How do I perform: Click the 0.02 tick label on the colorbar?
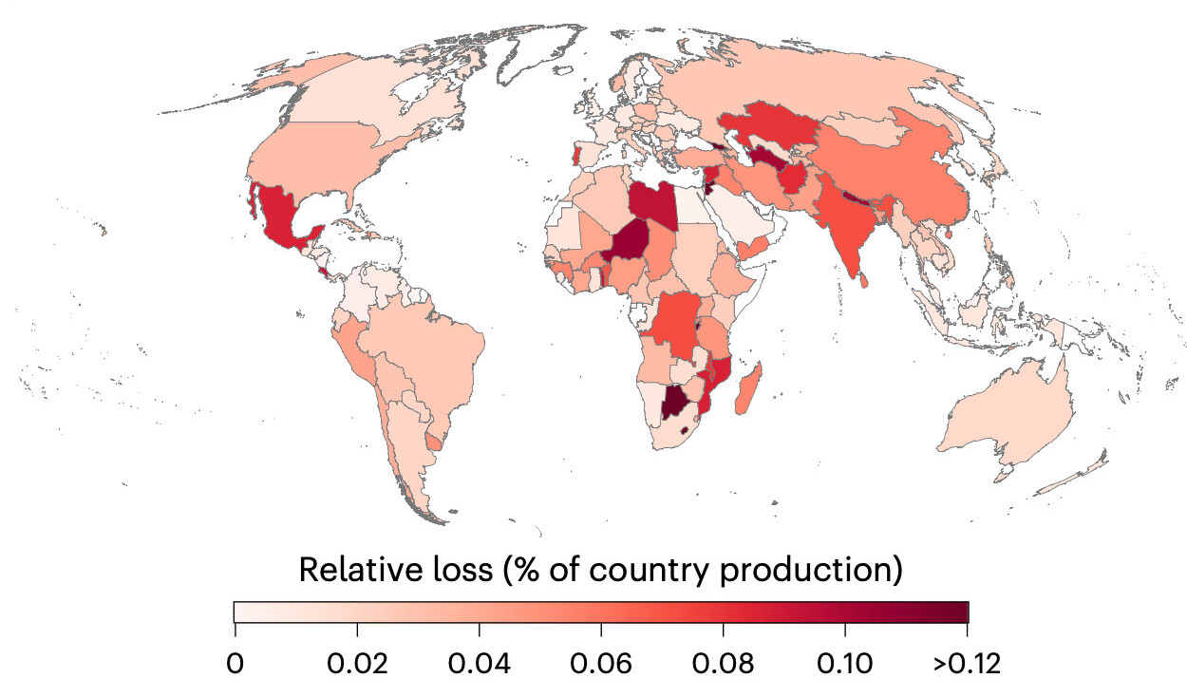point(357,664)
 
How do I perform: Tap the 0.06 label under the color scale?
point(601,664)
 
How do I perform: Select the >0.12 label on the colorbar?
point(967,664)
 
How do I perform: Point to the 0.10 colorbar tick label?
point(845,664)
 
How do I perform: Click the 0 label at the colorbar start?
point(236,664)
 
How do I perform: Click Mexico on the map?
point(281,217)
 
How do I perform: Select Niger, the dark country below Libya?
point(628,241)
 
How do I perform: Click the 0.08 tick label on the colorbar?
point(723,664)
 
